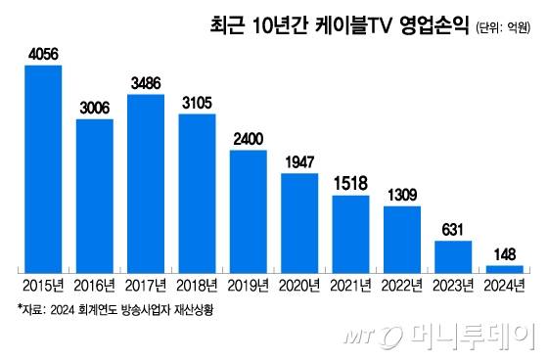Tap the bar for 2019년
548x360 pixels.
249,210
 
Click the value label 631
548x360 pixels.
453,231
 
